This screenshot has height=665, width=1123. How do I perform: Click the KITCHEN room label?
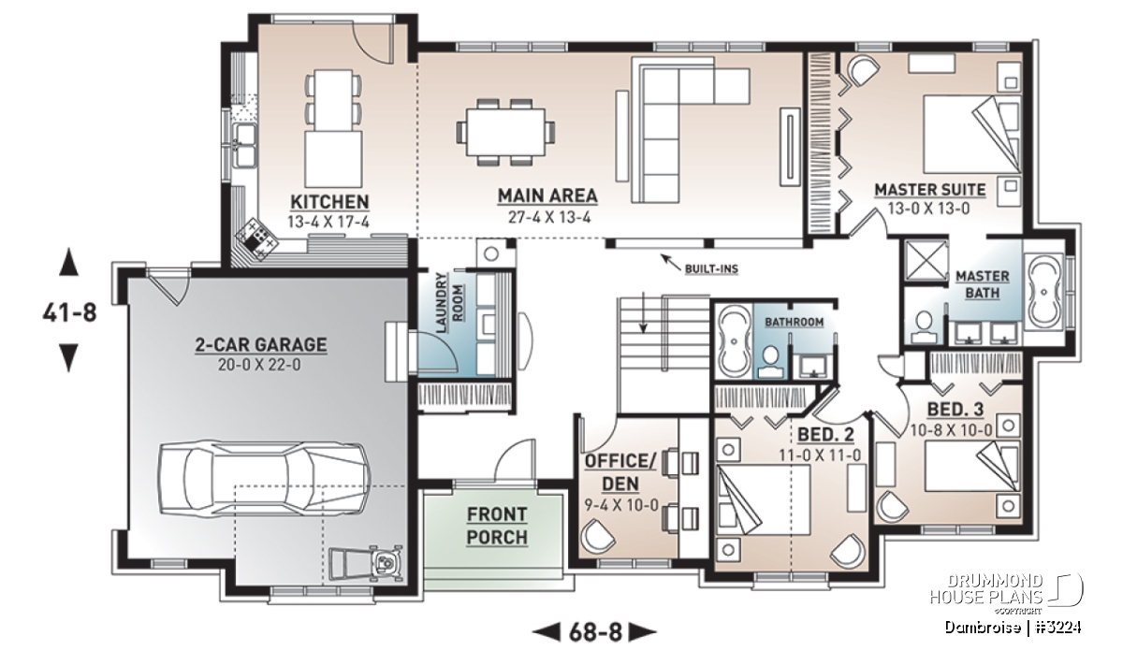pos(329,202)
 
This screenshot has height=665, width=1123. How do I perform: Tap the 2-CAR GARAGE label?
pos(261,345)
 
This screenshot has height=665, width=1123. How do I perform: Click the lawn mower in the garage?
pos(367,563)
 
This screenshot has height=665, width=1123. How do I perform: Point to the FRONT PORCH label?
pos(497,526)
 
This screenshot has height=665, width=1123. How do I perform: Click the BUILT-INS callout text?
pos(711,269)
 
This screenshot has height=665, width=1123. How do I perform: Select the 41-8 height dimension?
pos(69,312)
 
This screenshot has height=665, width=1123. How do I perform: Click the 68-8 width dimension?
pos(595,632)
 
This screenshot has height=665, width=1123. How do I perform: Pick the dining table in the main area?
pos(505,132)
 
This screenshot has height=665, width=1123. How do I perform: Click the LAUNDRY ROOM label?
pos(450,303)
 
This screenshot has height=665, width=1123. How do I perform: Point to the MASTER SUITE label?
pos(930,190)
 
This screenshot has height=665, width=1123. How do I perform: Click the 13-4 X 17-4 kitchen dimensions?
pos(328,222)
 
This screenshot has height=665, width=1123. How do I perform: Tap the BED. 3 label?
pos(955,410)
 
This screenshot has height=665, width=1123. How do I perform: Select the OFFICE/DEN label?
pos(620,472)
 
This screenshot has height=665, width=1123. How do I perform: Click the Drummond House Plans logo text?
pos(986,589)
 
